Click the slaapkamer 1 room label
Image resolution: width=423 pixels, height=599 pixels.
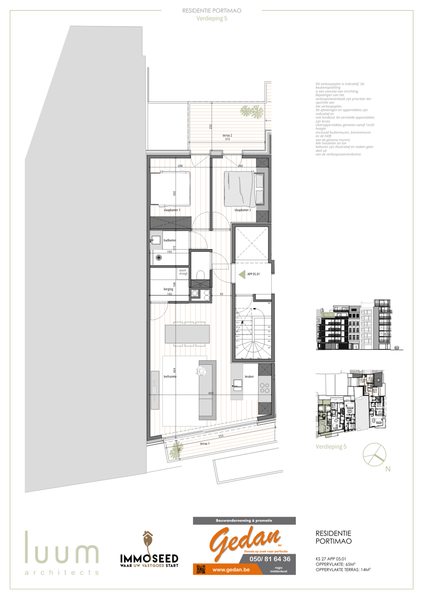pos(172,211)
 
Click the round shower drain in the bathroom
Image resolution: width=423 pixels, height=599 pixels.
pos(159,258)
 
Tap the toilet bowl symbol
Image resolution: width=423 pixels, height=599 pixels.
pos(201,276)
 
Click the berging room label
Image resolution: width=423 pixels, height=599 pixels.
pos(168,289)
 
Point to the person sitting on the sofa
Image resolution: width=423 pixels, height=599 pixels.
pos(202,370)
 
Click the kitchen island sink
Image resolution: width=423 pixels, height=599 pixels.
pos(236,384)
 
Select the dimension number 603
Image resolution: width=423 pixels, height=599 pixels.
pos(211,394)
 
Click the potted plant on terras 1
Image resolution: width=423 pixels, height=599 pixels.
pos(174,451)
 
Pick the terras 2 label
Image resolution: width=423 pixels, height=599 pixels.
pos(229,135)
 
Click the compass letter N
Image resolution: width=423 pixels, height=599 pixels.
pos(387,469)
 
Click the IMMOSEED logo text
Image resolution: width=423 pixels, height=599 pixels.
pos(149,558)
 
